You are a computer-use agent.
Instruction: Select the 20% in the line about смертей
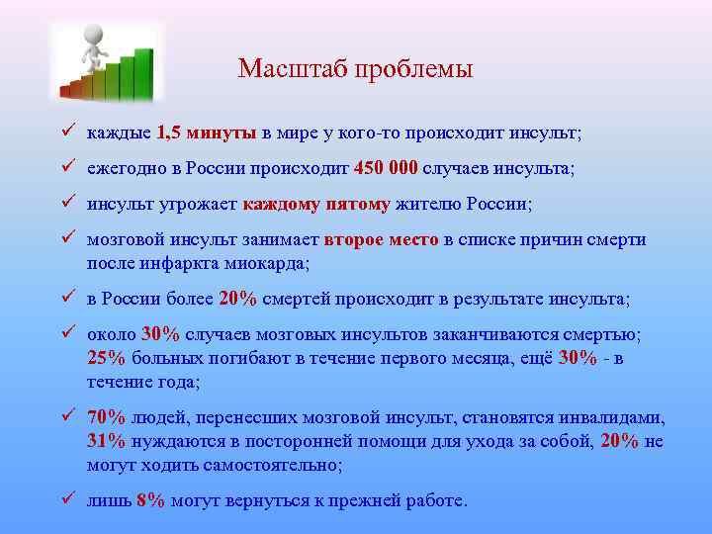click(x=237, y=299)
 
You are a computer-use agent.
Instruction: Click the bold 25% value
click(x=106, y=358)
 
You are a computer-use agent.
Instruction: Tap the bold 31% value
click(x=106, y=441)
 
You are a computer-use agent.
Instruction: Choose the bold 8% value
click(x=150, y=501)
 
